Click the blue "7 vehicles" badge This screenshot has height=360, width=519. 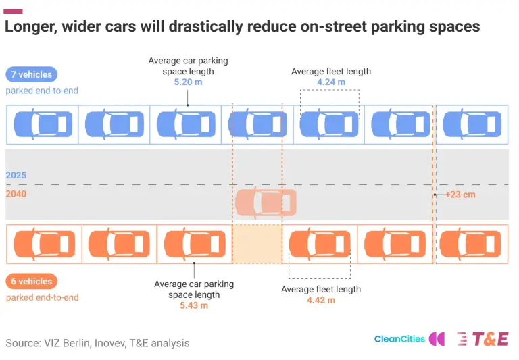click(x=32, y=74)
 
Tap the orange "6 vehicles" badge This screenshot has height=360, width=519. click(x=32, y=281)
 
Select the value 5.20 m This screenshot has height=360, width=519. click(x=188, y=82)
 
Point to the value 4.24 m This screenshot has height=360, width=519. click(x=331, y=82)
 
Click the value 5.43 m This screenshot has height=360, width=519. click(x=194, y=305)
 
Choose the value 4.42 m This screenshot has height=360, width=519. click(x=321, y=300)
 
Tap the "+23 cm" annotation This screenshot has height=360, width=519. click(x=460, y=195)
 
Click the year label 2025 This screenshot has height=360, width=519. click(x=16, y=175)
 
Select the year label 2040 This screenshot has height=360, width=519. click(x=16, y=194)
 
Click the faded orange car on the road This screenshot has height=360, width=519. click(x=266, y=203)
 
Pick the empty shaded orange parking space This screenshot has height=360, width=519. click(x=257, y=245)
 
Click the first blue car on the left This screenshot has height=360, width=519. click(x=43, y=124)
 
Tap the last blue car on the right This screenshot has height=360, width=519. click(x=472, y=124)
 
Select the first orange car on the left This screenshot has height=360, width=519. click(x=44, y=245)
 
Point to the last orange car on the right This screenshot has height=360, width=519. click(x=470, y=245)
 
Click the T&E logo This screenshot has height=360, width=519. click(x=483, y=339)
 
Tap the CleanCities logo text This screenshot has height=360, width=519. click(x=399, y=339)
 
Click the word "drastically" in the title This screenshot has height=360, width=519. click(x=206, y=26)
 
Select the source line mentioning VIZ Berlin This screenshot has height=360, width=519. click(x=97, y=343)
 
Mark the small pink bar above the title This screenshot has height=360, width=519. click(x=13, y=11)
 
